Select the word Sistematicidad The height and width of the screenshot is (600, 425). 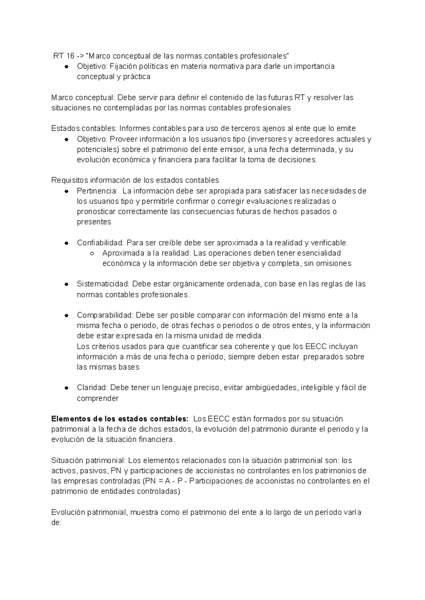[103, 284]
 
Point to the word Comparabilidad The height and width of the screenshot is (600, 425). [104, 315]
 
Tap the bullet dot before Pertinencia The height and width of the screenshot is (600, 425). [66, 192]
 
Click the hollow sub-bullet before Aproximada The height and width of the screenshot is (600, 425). [92, 254]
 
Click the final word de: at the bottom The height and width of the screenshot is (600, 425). [56, 523]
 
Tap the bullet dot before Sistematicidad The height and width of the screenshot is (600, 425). [66, 284]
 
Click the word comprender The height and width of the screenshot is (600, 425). [98, 398]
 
